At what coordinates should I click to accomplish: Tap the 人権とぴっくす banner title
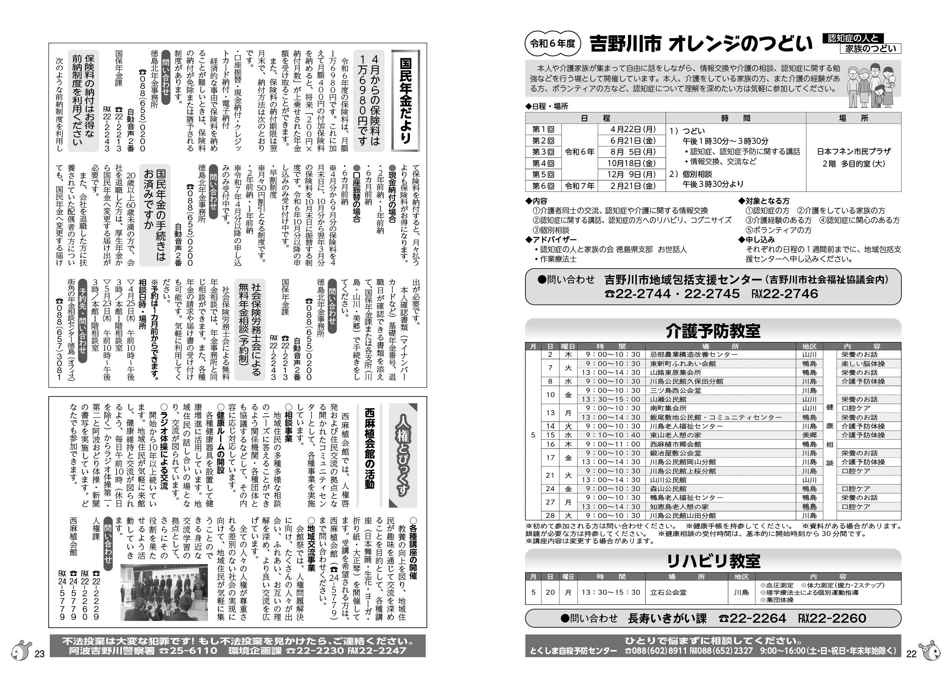(x=403, y=456)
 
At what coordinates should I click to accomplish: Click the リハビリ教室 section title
(x=713, y=561)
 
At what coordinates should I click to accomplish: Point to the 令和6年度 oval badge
(x=553, y=43)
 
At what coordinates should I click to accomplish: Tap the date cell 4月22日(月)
(x=632, y=129)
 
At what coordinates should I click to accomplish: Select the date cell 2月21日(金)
(x=632, y=186)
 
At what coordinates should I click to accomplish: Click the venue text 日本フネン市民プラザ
(x=854, y=151)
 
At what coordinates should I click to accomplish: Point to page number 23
(x=39, y=654)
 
